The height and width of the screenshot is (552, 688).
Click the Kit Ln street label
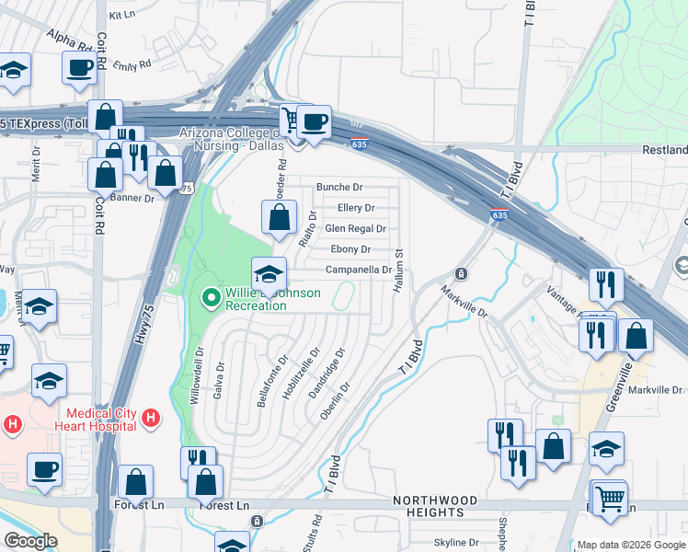point(121,16)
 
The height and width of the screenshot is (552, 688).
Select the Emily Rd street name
point(132,66)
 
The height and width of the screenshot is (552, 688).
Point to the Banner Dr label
point(133,198)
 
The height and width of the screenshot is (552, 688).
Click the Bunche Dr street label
point(340,187)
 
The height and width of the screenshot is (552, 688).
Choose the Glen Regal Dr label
point(355,229)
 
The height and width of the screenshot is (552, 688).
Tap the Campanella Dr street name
point(359,270)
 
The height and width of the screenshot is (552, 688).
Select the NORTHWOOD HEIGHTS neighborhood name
point(436,506)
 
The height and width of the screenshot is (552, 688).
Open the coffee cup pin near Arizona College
point(314,121)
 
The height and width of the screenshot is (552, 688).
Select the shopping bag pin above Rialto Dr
point(279,218)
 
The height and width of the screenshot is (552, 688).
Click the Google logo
point(30,541)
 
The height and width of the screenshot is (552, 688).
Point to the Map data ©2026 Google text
point(631,545)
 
